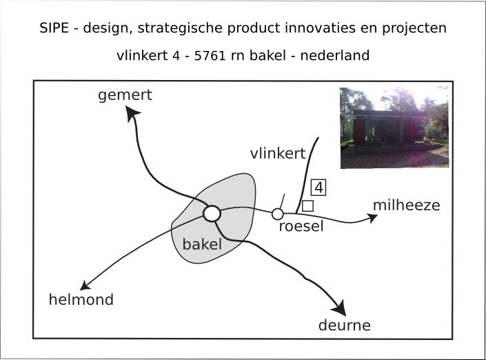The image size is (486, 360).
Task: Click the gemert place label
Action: point(125,96)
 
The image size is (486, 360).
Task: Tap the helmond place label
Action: point(81,299)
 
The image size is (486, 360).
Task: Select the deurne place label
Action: point(344,326)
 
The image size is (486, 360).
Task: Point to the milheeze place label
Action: point(406,206)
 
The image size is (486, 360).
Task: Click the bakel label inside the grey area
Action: point(202,244)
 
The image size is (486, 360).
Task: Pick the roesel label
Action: point(301,227)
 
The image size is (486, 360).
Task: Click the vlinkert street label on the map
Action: point(277,154)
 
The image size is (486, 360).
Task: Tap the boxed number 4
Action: point(318,187)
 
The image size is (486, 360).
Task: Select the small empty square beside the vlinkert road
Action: point(307,206)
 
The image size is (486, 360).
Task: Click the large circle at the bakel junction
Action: point(212,214)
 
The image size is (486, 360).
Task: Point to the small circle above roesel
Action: point(278,214)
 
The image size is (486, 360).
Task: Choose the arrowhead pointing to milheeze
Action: point(373,218)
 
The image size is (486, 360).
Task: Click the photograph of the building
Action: point(394,128)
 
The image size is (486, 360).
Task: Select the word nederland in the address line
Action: point(336,55)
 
